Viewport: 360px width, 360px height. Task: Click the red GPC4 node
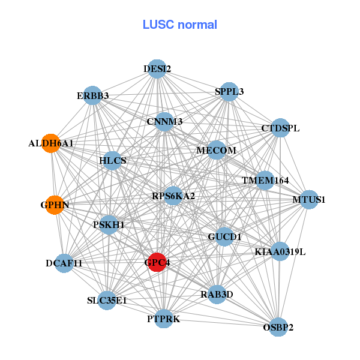[157, 262]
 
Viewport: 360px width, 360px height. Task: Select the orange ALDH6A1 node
[52, 143]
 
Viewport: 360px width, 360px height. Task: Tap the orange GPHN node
[55, 205]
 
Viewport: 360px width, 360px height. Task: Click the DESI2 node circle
[157, 69]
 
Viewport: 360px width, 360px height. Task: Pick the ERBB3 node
[92, 95]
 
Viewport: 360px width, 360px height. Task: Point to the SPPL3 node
[229, 92]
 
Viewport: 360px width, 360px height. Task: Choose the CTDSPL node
[280, 128]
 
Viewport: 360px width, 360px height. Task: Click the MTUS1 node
[308, 199]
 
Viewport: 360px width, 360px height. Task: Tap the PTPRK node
[163, 319]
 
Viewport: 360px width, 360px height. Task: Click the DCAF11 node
[64, 263]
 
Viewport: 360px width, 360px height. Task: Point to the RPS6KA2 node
[173, 196]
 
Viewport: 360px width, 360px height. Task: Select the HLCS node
[112, 161]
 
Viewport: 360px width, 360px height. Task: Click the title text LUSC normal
[179, 25]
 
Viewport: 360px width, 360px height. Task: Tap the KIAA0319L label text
[280, 252]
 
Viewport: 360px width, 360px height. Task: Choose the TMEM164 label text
[265, 180]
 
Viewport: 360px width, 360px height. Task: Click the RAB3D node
[217, 294]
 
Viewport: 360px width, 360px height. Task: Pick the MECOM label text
[216, 150]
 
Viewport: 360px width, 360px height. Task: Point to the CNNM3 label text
[164, 122]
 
